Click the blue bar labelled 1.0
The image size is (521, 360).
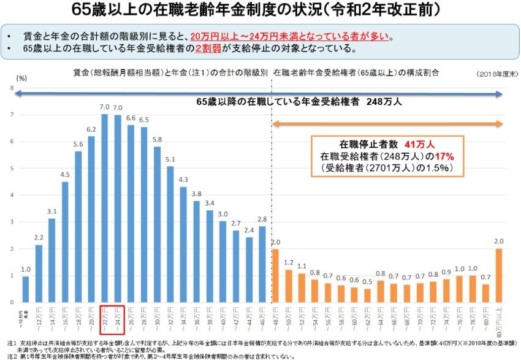(x=25, y=289)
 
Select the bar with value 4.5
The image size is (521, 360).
(x=65, y=242)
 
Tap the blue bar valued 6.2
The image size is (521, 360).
(x=91, y=220)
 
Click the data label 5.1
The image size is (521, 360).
(x=170, y=159)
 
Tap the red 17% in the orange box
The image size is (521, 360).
(x=445, y=156)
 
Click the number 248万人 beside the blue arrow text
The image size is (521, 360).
(x=384, y=102)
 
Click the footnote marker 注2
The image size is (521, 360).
(x=12, y=355)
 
